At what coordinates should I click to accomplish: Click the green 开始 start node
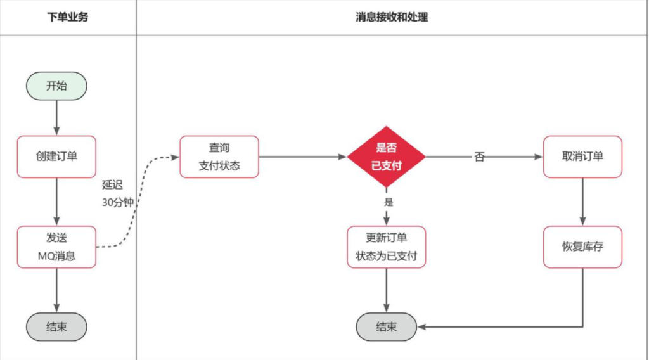click(x=56, y=86)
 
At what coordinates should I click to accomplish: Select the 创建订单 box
click(x=57, y=157)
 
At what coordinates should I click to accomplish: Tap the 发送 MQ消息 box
click(x=57, y=247)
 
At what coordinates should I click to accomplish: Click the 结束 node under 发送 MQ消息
click(x=56, y=327)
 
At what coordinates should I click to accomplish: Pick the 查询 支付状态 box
click(x=219, y=157)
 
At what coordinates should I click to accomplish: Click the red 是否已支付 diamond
click(x=386, y=157)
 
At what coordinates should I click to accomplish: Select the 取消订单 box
click(x=582, y=157)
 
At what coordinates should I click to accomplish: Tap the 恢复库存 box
click(x=582, y=247)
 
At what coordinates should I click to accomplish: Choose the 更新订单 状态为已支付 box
click(x=386, y=247)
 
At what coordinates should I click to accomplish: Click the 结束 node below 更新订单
click(x=386, y=327)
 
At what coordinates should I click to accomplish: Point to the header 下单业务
click(x=68, y=17)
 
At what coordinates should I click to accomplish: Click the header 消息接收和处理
click(x=392, y=17)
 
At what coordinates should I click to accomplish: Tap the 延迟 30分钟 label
click(x=117, y=194)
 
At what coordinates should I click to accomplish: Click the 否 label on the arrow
click(x=480, y=157)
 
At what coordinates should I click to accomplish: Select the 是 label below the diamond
click(x=389, y=202)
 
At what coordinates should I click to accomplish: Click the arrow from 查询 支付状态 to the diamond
click(x=303, y=157)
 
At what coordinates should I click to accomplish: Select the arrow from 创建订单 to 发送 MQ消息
click(x=57, y=202)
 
